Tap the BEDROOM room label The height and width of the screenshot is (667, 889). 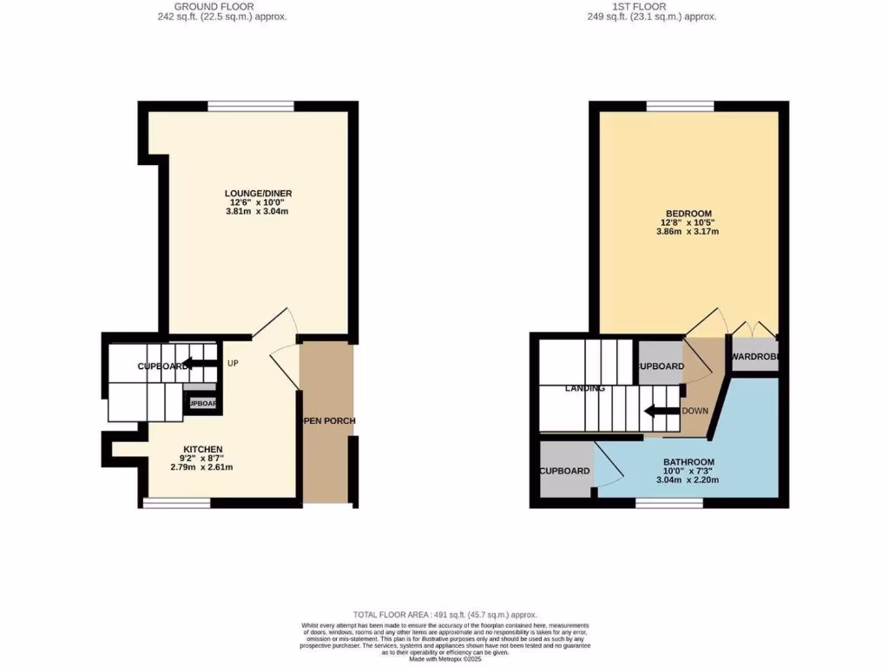coord(688,214)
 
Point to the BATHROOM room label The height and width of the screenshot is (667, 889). coord(688,462)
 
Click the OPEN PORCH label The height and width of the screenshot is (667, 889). coord(327,421)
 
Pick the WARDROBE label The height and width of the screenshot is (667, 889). coord(754,357)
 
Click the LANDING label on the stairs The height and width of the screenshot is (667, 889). coord(584,388)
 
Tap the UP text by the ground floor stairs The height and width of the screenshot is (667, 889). coord(233,363)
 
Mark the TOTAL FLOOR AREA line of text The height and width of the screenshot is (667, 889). coord(444,614)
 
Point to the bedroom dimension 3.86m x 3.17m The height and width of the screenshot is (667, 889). coord(688,232)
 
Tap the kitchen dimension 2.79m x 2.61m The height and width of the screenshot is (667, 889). coord(202,467)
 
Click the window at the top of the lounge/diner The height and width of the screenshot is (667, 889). coord(250,106)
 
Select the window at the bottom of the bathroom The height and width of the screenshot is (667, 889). coord(669,503)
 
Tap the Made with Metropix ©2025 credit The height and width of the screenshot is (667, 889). coord(444,658)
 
